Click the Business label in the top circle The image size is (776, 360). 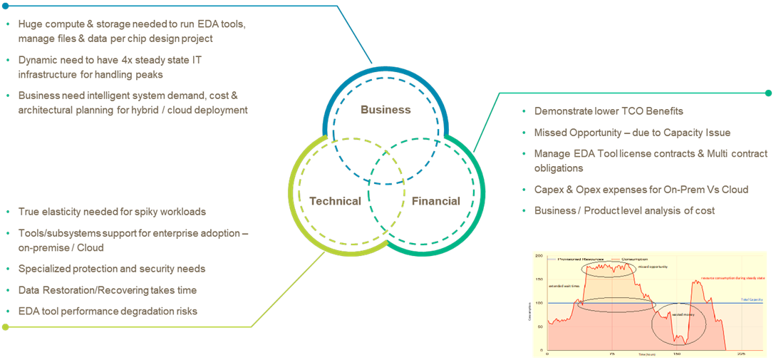[386, 110]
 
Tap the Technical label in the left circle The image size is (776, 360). [335, 201]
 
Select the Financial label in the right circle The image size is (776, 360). [435, 201]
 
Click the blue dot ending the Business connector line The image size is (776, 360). [6, 6]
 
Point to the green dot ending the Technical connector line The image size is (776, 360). [6, 327]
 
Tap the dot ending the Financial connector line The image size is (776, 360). [768, 93]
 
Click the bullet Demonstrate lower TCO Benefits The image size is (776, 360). [609, 111]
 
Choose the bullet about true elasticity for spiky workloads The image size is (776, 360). [112, 212]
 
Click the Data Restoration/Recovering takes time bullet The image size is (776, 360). [107, 290]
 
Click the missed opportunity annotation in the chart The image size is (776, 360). [652, 267]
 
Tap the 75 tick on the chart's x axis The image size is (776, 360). [613, 354]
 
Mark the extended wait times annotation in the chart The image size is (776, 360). [561, 287]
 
